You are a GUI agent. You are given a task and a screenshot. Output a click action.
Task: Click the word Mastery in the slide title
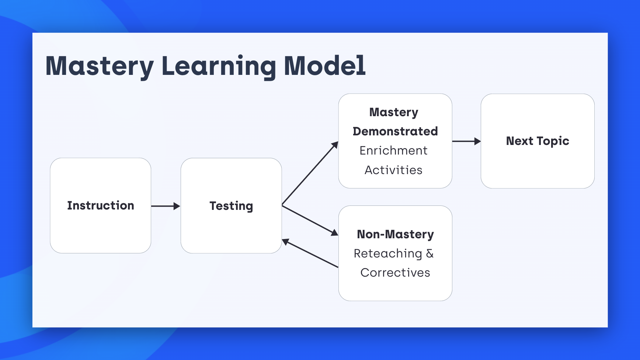[x=100, y=66]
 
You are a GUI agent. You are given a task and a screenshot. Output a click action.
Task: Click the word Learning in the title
[x=219, y=66]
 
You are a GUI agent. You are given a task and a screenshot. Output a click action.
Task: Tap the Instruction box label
[x=101, y=205]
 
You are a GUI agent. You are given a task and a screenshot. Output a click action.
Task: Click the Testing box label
[x=231, y=206]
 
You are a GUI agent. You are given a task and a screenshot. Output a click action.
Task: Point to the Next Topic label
[x=538, y=141]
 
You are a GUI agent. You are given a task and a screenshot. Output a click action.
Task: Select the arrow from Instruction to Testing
[x=166, y=206]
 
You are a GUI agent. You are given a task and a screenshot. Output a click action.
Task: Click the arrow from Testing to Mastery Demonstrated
[x=310, y=173]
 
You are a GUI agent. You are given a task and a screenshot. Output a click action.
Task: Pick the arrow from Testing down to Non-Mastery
[x=310, y=220]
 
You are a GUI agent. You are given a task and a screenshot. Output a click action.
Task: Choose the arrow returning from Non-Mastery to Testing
[x=310, y=253]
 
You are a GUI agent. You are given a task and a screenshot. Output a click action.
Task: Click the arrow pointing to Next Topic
[x=466, y=141]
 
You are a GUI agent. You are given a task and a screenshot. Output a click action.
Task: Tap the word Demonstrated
[x=395, y=131]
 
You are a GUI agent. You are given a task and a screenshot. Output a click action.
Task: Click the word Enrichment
[x=393, y=150]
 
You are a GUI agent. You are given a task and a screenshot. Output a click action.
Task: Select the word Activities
[x=393, y=170]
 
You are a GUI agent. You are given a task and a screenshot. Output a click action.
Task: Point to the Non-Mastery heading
[x=395, y=234]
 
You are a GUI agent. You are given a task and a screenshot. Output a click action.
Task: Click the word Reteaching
[x=388, y=253]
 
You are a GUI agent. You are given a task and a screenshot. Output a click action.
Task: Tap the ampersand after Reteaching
[x=430, y=253]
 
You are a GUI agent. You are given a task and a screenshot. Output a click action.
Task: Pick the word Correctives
[x=395, y=273]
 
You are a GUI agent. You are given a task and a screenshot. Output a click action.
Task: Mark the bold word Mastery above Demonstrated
[x=394, y=112]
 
